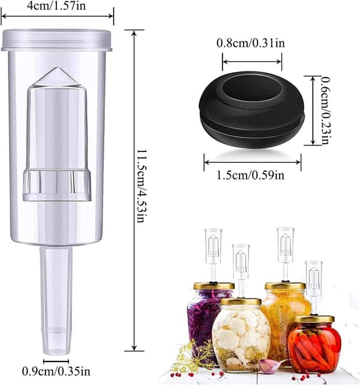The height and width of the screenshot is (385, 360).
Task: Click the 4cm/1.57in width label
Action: coord(56,5)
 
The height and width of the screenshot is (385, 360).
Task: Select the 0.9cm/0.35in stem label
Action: coord(56,371)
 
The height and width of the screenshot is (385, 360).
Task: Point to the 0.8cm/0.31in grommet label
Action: coord(251,43)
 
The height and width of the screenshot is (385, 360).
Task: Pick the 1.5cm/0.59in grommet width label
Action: coord(250,175)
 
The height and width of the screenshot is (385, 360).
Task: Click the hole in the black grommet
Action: coord(252,88)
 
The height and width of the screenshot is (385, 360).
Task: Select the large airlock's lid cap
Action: coord(56,40)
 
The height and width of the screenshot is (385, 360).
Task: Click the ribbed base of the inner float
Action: coord(57,184)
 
